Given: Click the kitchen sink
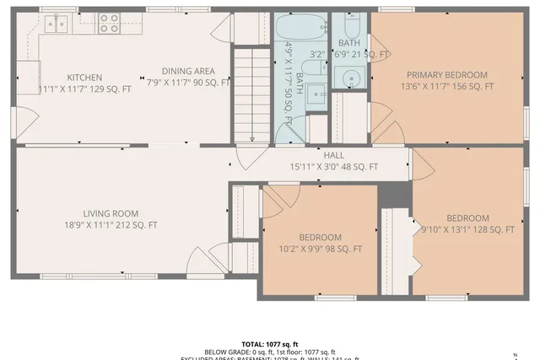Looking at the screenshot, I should (x=57, y=24).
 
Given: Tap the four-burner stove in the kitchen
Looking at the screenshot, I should (x=109, y=23).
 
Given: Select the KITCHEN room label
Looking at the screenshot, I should (x=85, y=75).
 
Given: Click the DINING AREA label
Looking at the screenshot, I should (x=188, y=71).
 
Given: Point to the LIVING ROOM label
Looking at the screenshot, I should (x=111, y=213).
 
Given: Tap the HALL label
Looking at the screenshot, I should (x=334, y=155).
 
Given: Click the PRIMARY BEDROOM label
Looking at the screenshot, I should (x=446, y=74).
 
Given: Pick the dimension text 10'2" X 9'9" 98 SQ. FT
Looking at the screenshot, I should (x=320, y=249).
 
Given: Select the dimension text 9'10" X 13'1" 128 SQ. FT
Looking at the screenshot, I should (x=467, y=229).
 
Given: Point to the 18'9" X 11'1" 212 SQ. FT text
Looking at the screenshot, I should (x=111, y=225).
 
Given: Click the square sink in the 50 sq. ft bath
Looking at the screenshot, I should (x=316, y=94).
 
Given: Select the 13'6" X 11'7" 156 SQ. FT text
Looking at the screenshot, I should (x=446, y=86).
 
